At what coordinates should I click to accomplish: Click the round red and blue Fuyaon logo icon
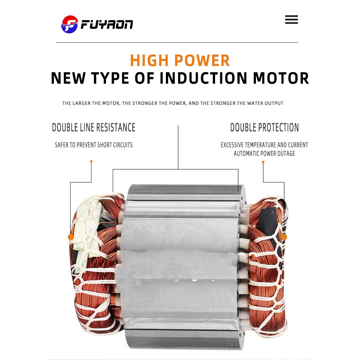coord(69,24)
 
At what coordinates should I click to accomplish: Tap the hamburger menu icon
coord(291,20)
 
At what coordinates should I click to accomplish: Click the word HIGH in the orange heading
coord(149,61)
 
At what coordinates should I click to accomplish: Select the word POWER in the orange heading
coord(202,61)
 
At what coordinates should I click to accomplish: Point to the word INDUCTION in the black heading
coord(203,78)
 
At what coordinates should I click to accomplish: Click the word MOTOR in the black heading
coord(281,78)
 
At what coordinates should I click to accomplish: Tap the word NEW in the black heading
coord(68,78)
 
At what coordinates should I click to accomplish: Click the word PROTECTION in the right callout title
coord(278,128)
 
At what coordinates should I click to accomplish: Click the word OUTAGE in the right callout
coord(286,153)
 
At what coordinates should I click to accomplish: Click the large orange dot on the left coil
coord(71,237)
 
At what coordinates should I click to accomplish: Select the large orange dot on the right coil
coord(284,237)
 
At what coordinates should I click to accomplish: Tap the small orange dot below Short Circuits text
coord(91,162)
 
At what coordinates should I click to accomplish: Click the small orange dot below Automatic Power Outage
coord(263,162)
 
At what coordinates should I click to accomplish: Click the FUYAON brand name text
coord(107,25)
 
